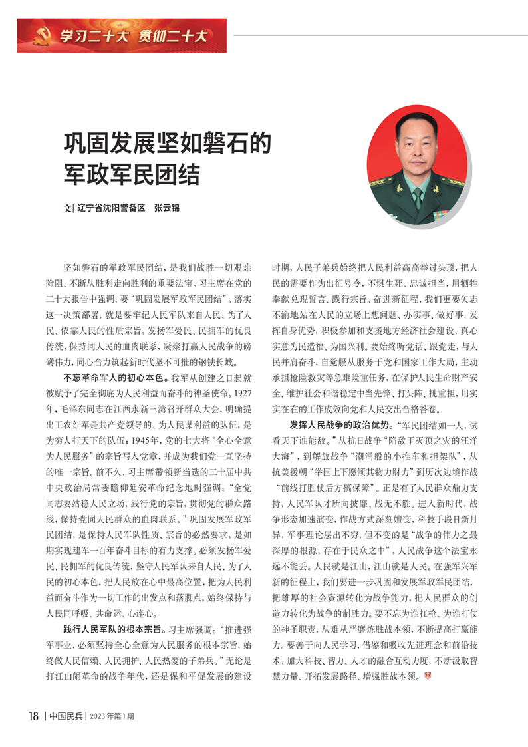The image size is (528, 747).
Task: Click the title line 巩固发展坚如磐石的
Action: pyautogui.click(x=166, y=144)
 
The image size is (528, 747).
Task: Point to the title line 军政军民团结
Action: pyautogui.click(x=132, y=175)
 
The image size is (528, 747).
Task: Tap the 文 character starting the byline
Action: pyautogui.click(x=66, y=208)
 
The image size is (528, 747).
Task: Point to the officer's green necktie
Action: pyautogui.click(x=417, y=196)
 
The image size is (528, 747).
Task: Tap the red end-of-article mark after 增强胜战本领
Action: pyautogui.click(x=428, y=674)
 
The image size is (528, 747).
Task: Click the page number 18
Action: pyautogui.click(x=34, y=716)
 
